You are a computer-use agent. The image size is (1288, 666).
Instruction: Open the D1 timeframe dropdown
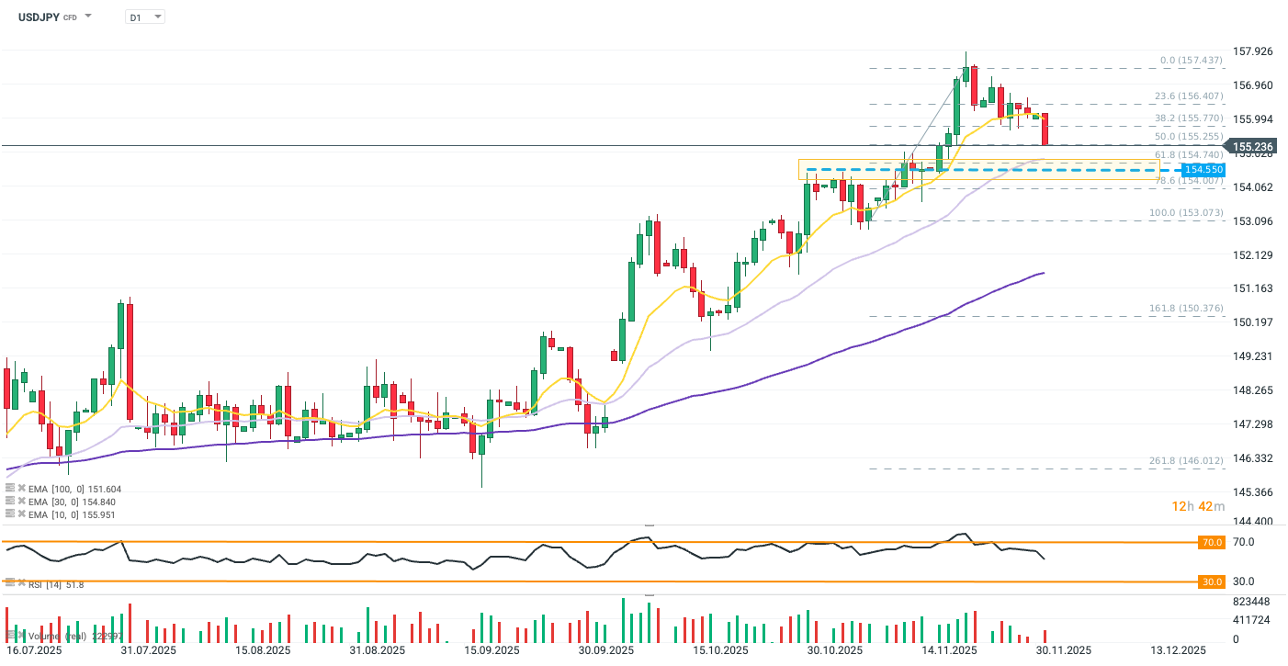pos(145,17)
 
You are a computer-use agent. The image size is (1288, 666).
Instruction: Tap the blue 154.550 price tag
pos(1203,170)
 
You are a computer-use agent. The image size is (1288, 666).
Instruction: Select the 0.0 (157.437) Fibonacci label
pos(1191,61)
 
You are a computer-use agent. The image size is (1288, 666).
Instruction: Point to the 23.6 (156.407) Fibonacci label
pos(1189,96)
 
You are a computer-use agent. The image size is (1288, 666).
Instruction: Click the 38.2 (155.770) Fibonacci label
pos(1189,119)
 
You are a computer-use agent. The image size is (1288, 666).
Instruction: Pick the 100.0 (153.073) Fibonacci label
pos(1186,213)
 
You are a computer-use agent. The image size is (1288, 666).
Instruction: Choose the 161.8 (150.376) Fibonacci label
pos(1186,309)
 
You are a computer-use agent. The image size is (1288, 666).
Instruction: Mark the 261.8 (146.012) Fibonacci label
pos(1186,461)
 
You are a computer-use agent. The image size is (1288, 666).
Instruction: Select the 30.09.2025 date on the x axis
pos(606,650)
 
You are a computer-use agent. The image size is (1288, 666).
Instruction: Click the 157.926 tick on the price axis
pos(1252,51)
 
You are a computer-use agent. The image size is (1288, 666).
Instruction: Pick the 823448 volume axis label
pos(1250,602)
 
